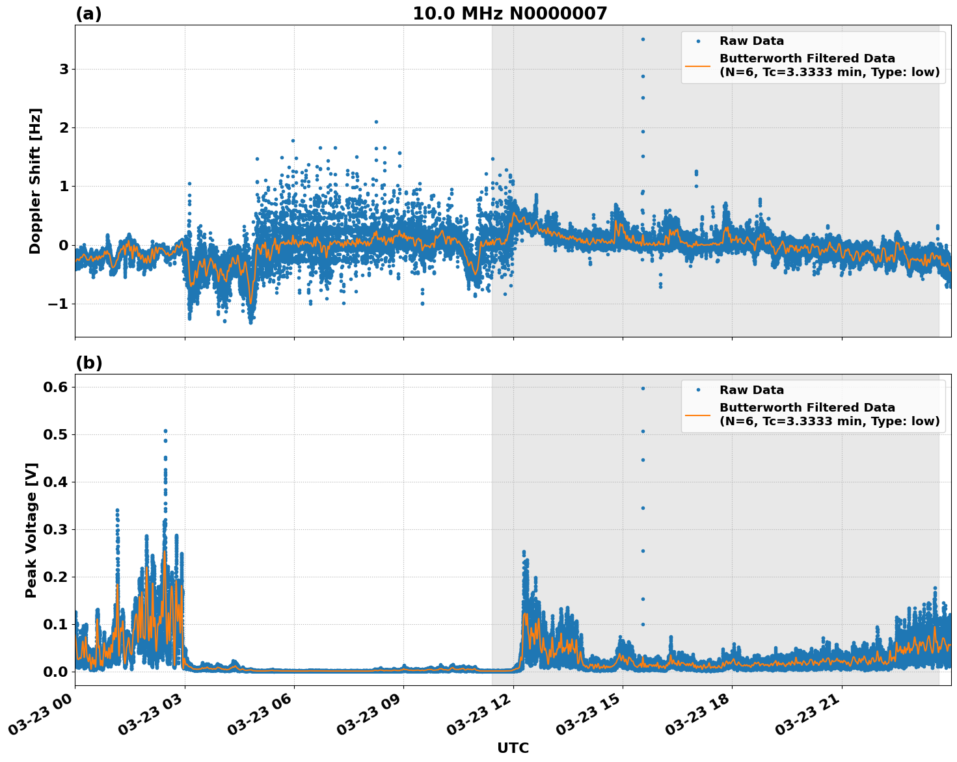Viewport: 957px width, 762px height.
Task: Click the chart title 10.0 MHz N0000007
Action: click(x=509, y=14)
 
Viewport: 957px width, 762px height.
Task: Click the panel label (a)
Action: click(x=88, y=14)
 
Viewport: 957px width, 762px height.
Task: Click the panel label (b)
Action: click(x=89, y=363)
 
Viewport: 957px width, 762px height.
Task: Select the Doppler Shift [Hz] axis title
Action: click(x=35, y=181)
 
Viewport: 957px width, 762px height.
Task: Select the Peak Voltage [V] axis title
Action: click(x=31, y=530)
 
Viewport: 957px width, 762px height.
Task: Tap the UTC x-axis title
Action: click(x=513, y=748)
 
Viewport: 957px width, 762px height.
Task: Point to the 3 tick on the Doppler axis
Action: click(x=64, y=70)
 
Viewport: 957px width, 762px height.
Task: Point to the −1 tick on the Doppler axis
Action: click(x=61, y=304)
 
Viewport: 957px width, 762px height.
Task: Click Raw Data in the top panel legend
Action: click(x=751, y=41)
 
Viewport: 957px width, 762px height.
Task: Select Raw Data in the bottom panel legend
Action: click(x=751, y=390)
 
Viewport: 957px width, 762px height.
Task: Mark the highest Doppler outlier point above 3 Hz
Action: click(x=643, y=39)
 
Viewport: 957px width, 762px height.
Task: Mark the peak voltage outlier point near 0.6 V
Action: click(x=643, y=388)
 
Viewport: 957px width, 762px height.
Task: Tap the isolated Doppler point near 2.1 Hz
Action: click(x=376, y=122)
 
